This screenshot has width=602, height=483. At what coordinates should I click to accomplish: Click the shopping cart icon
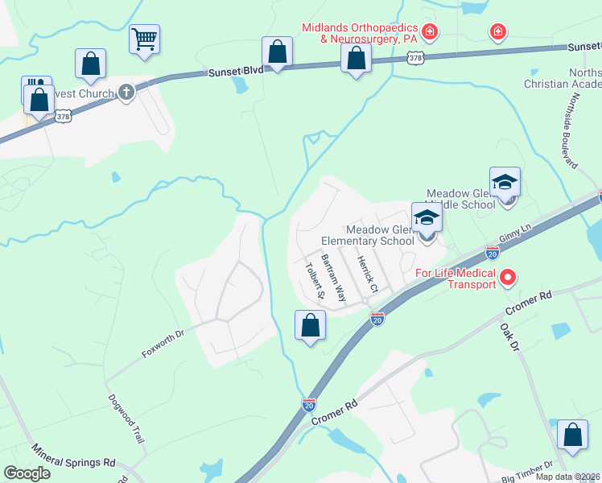point(144,39)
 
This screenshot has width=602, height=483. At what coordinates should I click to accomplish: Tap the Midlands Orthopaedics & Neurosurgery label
point(359,33)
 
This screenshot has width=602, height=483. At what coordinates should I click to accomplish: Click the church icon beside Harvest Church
point(126,93)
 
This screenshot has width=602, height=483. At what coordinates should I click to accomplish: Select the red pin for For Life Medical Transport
point(508,279)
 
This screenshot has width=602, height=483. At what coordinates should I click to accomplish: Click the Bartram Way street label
point(333,279)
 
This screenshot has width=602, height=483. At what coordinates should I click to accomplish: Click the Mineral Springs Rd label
point(73,457)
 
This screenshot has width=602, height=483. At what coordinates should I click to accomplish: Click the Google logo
point(27,473)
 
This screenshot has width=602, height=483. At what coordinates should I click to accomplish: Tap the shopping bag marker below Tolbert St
point(310,326)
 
